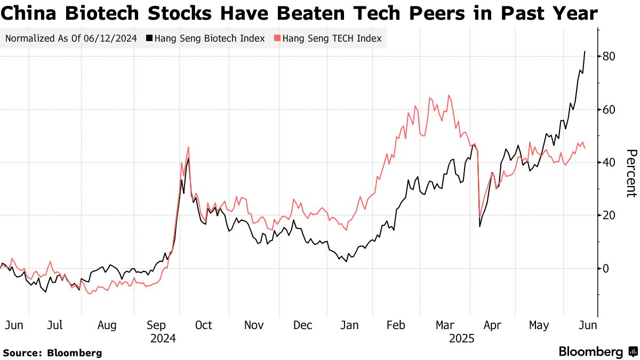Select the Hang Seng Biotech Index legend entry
(209, 38)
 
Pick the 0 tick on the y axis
(606, 268)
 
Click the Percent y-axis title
(630, 173)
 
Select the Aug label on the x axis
(107, 325)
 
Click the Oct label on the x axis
(203, 325)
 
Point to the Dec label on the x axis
(303, 325)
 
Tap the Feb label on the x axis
(396, 325)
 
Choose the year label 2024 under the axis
(163, 338)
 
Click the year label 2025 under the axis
(462, 338)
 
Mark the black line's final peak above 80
(585, 52)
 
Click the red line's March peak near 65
(449, 95)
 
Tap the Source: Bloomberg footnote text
(52, 353)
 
